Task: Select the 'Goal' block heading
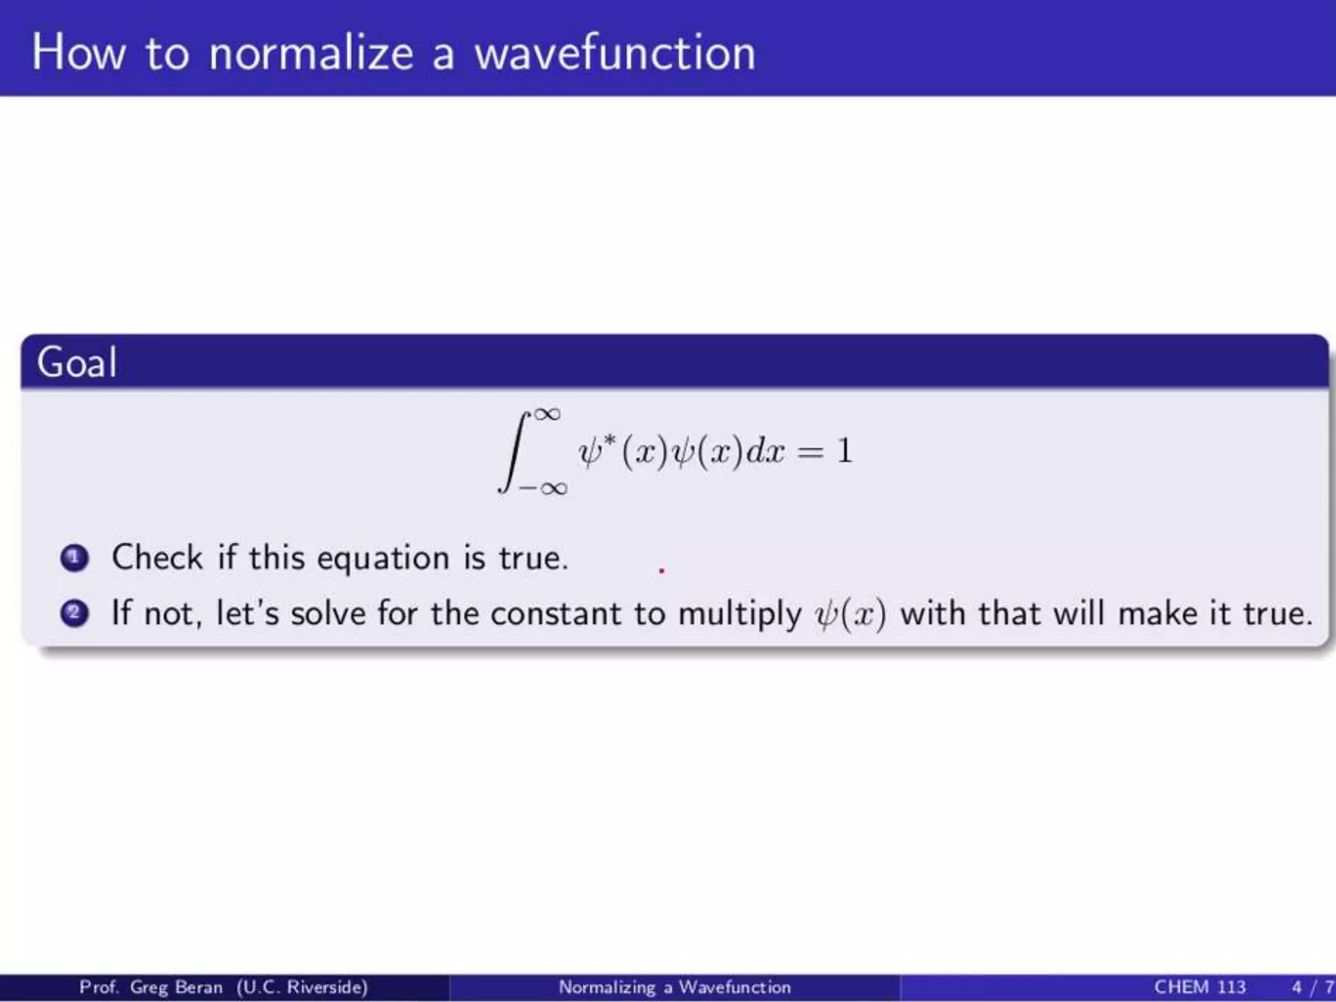[77, 363]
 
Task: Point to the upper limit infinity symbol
[547, 414]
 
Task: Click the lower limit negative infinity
[543, 488]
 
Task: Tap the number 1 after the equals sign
[844, 451]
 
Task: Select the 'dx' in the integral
[765, 451]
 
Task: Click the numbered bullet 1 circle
[74, 558]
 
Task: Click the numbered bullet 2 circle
[74, 613]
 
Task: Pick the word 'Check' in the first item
[157, 558]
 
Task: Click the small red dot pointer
[661, 571]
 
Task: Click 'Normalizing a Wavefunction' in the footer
[675, 987]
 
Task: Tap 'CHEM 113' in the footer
[1199, 987]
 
